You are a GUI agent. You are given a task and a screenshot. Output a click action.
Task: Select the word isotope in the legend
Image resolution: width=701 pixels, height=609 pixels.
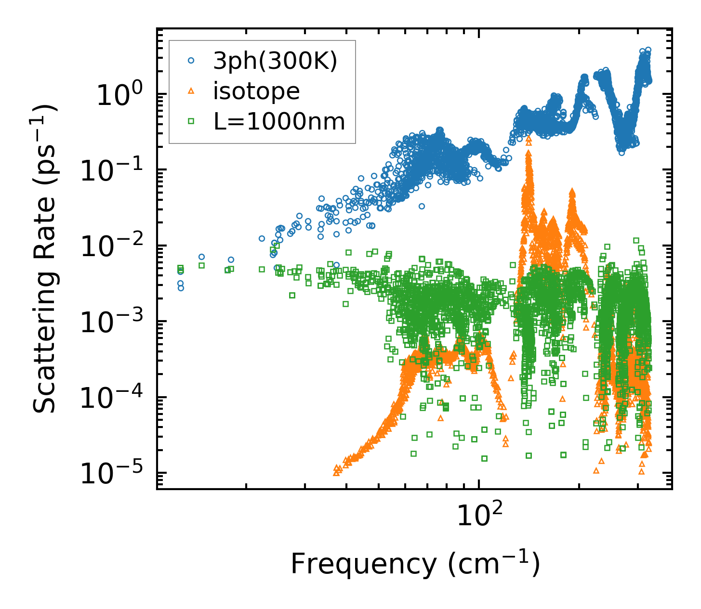click(x=256, y=91)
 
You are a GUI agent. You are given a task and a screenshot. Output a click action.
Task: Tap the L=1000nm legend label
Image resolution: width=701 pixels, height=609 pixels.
click(x=279, y=122)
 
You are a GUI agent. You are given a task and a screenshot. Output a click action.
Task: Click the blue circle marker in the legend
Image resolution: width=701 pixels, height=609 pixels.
click(x=191, y=61)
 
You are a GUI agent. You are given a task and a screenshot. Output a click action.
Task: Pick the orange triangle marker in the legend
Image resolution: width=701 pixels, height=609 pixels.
click(x=191, y=91)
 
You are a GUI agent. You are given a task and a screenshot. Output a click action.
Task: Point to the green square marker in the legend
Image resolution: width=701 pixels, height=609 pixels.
click(x=191, y=122)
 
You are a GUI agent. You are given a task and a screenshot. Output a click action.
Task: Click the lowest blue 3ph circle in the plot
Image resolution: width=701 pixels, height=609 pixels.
click(x=181, y=288)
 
